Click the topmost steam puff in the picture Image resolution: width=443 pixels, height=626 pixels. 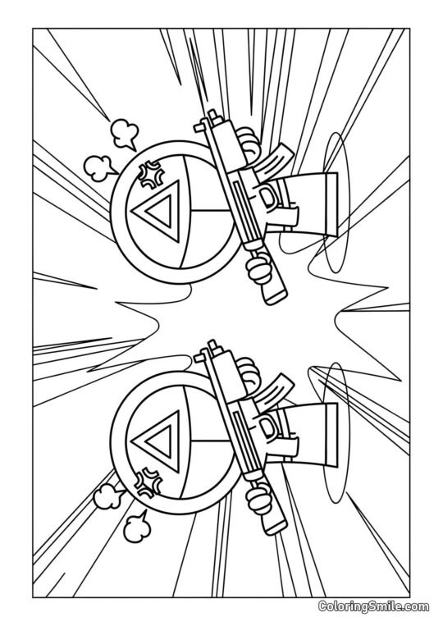click(x=124, y=131)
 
